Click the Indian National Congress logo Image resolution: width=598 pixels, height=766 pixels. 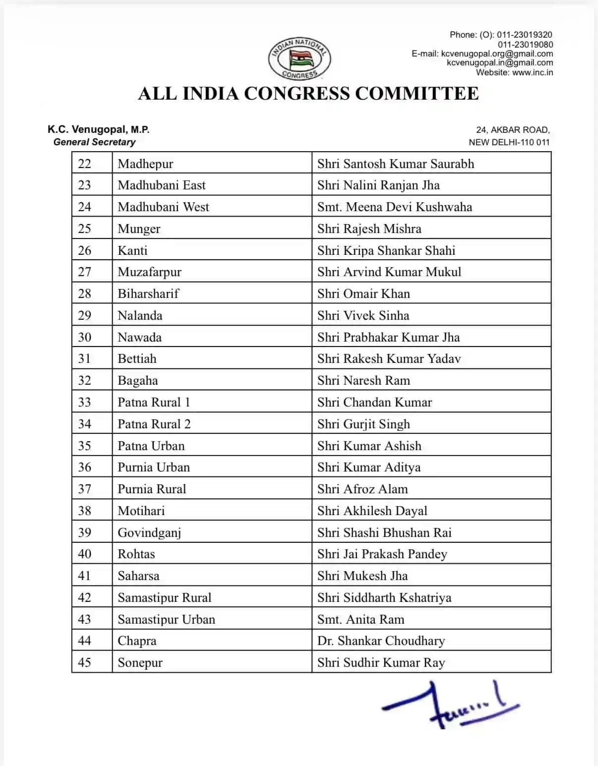(x=299, y=58)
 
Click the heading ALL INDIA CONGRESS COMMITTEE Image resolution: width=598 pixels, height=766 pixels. (x=308, y=94)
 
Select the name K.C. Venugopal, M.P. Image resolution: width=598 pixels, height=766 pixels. (x=99, y=129)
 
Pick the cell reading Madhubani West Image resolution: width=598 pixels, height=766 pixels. (x=163, y=207)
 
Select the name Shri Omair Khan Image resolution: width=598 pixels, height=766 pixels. (x=363, y=294)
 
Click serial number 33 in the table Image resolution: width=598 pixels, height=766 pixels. (x=85, y=402)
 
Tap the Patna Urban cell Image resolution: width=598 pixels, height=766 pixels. (x=151, y=446)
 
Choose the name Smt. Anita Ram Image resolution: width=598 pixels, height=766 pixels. (x=360, y=619)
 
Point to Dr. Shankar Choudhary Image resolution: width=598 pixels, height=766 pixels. (x=381, y=641)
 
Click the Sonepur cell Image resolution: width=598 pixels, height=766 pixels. (x=140, y=662)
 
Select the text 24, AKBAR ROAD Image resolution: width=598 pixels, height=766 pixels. (x=513, y=130)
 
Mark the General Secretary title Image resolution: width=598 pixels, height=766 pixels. (x=94, y=142)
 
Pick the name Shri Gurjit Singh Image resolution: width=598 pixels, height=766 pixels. (x=363, y=424)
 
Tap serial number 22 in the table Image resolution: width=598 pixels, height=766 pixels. (x=85, y=164)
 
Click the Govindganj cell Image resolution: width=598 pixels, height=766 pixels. (x=149, y=532)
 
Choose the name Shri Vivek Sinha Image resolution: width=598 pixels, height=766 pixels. (x=363, y=315)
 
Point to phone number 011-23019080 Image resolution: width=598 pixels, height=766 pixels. (x=525, y=44)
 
